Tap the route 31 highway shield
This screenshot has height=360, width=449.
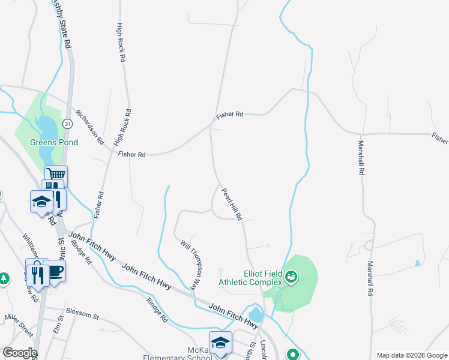68,123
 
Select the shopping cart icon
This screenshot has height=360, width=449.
56,174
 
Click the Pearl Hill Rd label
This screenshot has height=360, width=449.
231,204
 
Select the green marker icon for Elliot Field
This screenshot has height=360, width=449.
291,277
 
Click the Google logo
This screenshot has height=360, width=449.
19,353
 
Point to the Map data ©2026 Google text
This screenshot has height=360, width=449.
411,355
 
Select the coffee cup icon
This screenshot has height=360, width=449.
55,271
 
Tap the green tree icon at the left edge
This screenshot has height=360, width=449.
4,278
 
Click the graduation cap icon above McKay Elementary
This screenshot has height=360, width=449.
220,342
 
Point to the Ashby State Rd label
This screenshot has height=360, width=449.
64,24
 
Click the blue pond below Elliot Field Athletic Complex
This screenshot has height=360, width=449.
255,314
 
